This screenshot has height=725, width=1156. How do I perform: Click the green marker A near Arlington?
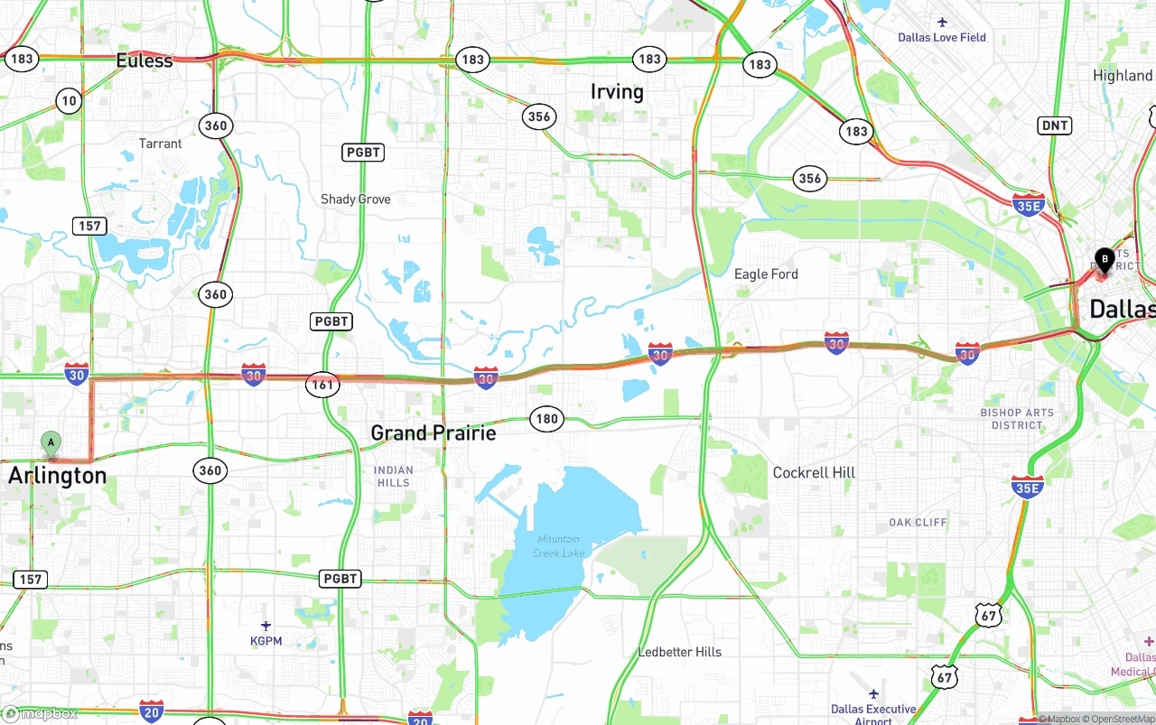[x=51, y=442]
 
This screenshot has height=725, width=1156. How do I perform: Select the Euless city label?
[x=144, y=60]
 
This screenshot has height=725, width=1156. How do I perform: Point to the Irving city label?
[x=617, y=91]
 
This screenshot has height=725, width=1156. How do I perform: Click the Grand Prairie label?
[x=433, y=432]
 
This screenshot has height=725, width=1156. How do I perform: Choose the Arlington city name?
[x=58, y=475]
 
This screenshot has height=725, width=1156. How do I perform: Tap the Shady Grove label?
[x=356, y=199]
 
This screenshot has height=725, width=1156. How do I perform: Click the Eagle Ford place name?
[x=766, y=274]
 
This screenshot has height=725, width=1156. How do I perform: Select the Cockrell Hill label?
[x=814, y=472]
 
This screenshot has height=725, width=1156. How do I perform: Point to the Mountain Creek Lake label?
[x=558, y=545]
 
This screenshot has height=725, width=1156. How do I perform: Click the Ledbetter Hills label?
[x=680, y=652]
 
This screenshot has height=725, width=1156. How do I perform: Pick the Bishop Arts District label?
[x=1017, y=419]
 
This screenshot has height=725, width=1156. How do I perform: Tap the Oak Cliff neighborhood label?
[x=918, y=522]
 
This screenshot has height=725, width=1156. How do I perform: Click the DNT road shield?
[x=1054, y=125]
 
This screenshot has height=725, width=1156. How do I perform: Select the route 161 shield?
[x=322, y=385]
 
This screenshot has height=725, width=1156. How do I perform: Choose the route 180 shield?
[x=546, y=419]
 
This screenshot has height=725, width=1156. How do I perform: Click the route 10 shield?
[x=70, y=101]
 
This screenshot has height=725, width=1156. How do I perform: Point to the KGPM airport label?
[x=266, y=641]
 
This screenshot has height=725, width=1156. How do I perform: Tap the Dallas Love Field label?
[x=942, y=37]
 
